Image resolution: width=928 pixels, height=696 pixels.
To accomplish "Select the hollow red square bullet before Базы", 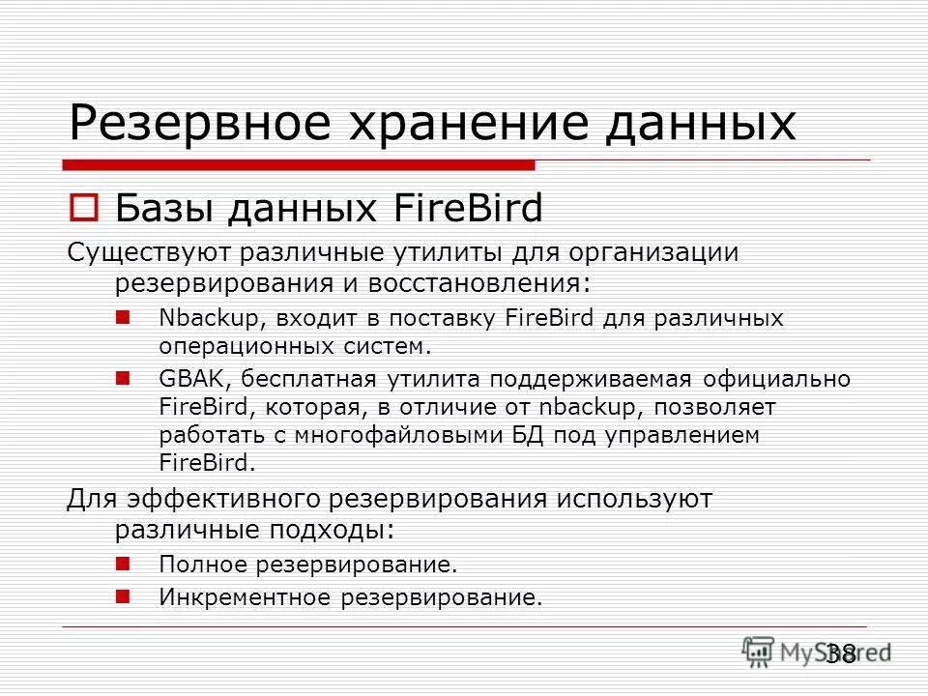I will point(83,207).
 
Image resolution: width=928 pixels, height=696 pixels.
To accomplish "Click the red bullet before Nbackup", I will point(123,316).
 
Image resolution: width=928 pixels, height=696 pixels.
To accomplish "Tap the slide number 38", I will point(840,653).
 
